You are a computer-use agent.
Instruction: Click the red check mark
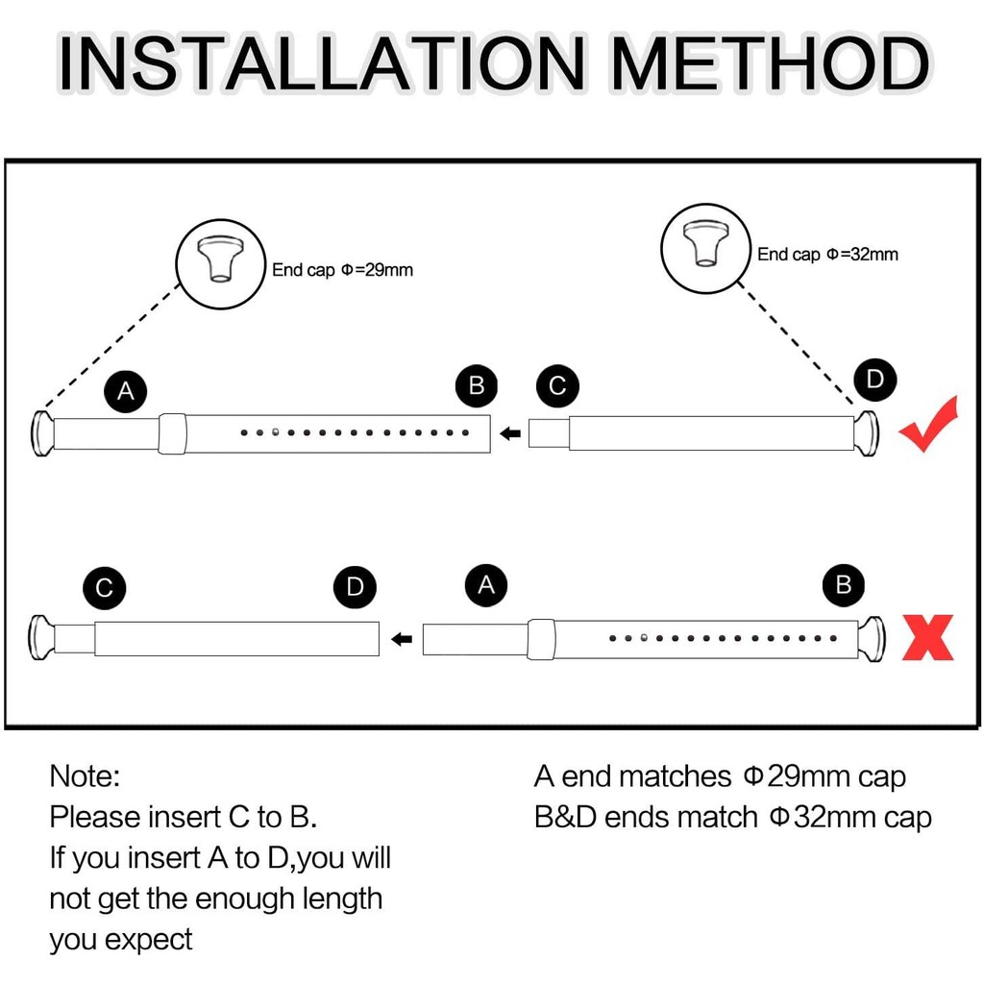[929, 424]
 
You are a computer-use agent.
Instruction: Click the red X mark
[927, 637]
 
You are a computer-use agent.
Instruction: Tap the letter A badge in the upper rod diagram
[126, 391]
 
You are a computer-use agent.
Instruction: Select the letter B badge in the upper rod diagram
[477, 385]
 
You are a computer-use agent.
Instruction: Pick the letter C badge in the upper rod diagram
[557, 385]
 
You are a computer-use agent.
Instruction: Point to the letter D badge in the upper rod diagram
[874, 379]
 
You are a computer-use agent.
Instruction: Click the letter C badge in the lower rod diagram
[104, 587]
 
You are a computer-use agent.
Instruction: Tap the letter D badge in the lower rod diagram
[356, 587]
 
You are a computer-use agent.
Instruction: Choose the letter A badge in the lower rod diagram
[486, 585]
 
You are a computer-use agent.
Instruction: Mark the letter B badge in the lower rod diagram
[844, 585]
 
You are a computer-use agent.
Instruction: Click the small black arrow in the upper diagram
[510, 433]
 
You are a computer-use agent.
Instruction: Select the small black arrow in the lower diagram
[402, 639]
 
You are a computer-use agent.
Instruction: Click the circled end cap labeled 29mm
[220, 264]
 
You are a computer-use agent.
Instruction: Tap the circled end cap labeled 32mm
[706, 248]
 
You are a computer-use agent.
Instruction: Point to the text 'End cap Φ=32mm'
[827, 254]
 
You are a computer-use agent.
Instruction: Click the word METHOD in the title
[771, 62]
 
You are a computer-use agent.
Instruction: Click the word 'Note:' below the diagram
[85, 776]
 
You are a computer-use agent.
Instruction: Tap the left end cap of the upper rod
[42, 433]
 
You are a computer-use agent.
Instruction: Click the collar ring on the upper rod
[172, 433]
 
